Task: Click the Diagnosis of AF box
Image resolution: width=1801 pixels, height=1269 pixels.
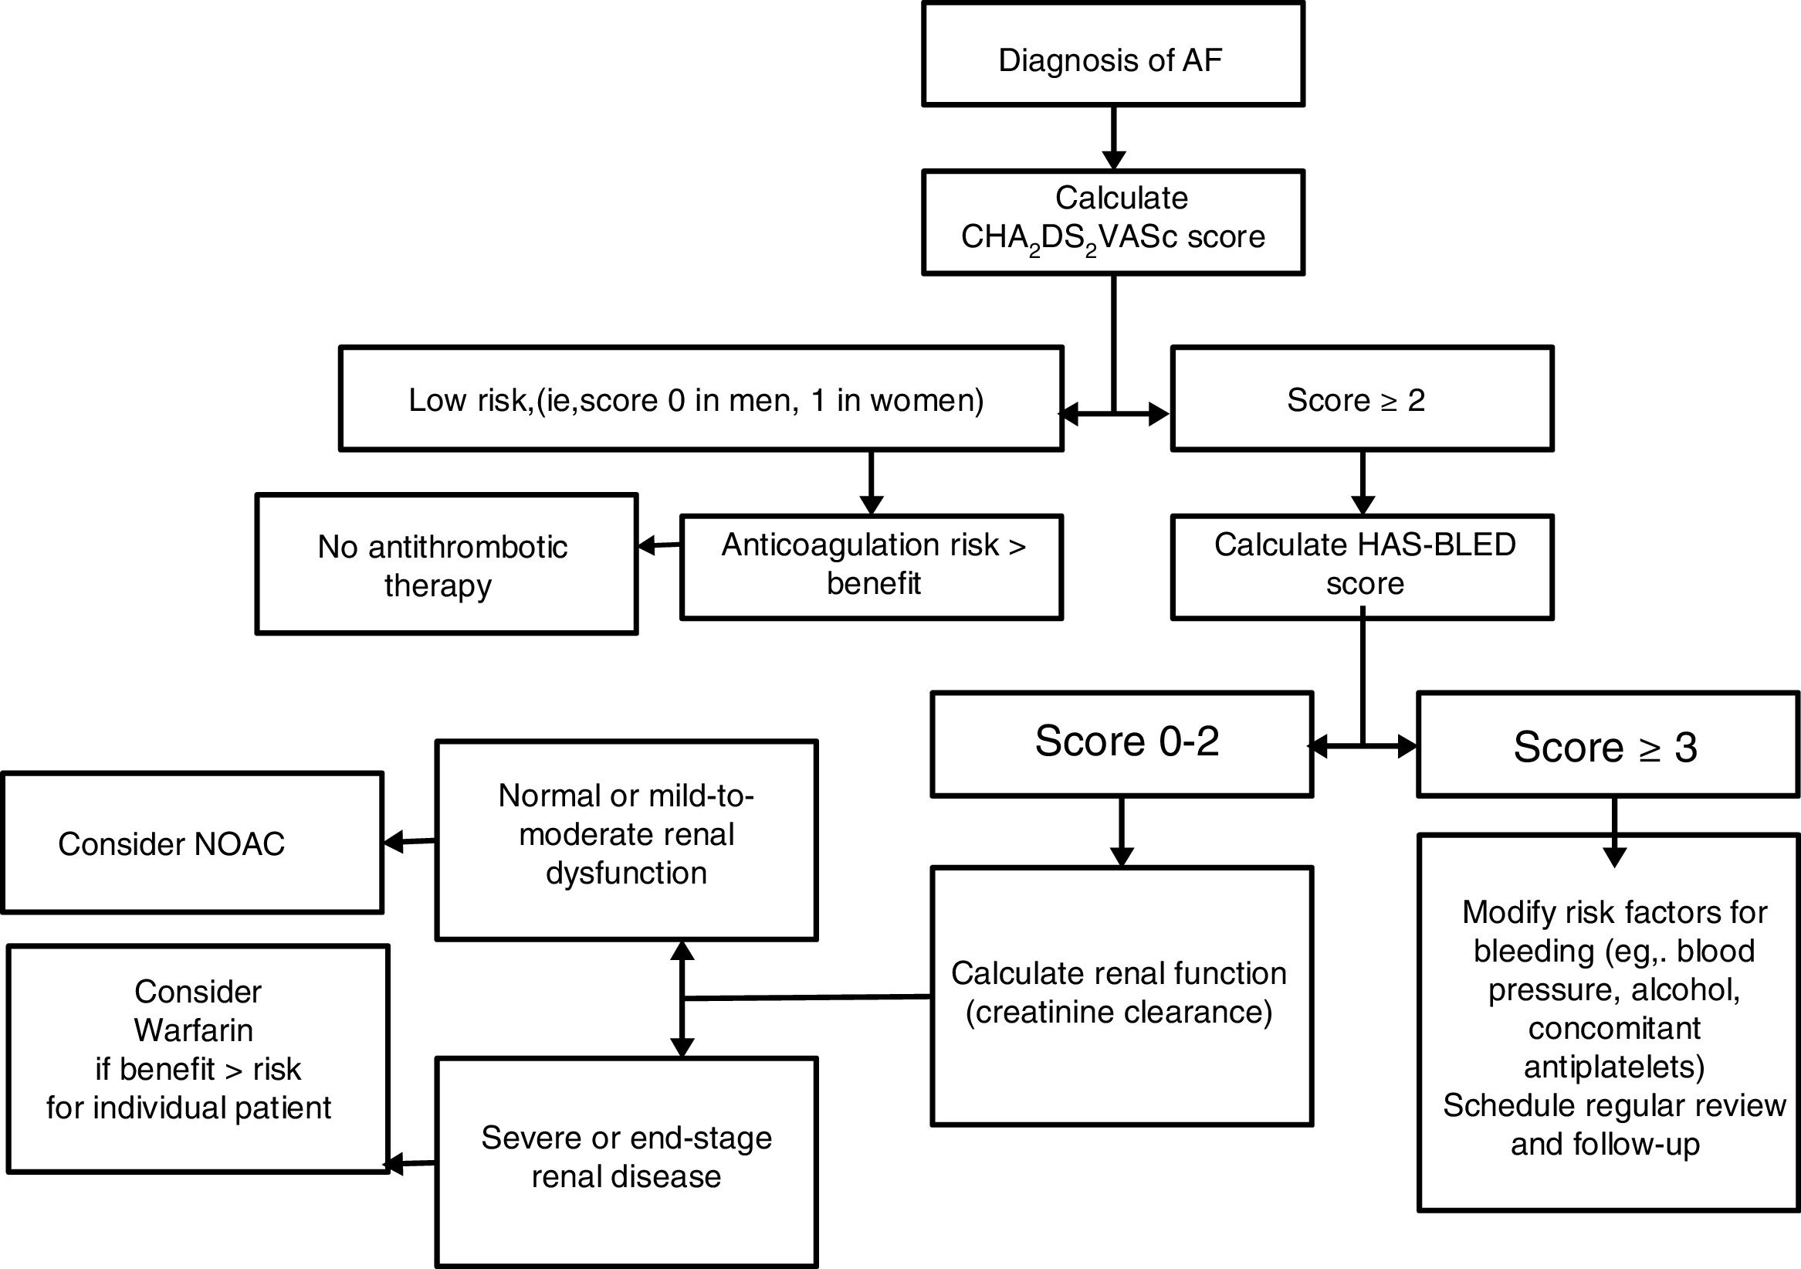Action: coord(1112,55)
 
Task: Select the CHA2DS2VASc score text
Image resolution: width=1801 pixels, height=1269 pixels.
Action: coord(1112,237)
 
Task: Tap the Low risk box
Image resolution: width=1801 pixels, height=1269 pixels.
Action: coord(700,399)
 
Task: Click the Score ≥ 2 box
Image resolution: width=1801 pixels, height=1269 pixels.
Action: coord(1362,399)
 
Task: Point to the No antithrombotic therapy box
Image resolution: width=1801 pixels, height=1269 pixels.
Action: coord(445,565)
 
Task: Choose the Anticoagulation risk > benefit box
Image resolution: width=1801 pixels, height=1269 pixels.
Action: coord(871,567)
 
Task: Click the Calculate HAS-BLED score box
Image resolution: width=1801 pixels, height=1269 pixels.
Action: coord(1362,567)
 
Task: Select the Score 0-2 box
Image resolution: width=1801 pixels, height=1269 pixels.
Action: coord(1122,743)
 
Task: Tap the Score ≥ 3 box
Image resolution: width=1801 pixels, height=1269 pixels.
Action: coord(1607,745)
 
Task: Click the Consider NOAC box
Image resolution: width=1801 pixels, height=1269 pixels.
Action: coord(191,843)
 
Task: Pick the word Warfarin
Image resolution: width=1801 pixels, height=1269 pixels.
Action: coord(193,1030)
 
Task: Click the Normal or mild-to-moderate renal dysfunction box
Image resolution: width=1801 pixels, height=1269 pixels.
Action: coord(626,839)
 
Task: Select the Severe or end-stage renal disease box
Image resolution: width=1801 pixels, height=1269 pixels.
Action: coord(626,1161)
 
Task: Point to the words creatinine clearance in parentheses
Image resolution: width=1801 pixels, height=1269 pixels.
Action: coord(1119,1013)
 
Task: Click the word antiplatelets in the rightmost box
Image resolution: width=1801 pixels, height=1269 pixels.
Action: coord(1614,1067)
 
